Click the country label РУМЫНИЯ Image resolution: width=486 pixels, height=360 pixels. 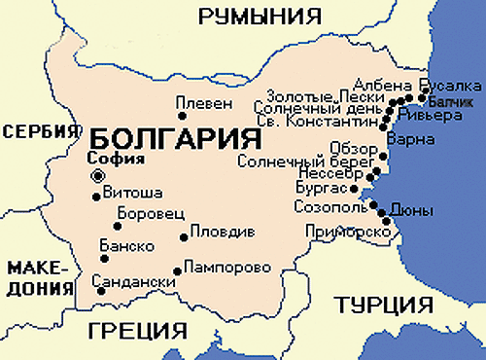pos(259,16)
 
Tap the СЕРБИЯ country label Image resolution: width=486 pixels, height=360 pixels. pos(39,132)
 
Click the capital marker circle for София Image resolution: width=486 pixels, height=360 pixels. pos(97,176)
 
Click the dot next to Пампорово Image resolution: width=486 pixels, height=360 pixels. pos(176,271)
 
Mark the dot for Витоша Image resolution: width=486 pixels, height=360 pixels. pos(95,196)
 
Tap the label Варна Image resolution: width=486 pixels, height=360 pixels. pos(404,140)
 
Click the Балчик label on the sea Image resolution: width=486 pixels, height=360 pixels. pos(451,100)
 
